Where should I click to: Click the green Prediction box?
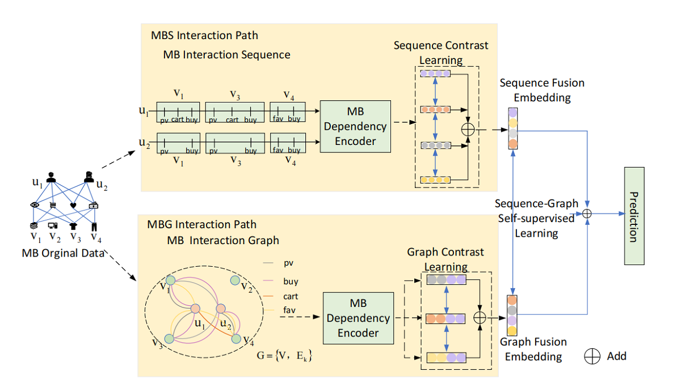point(634,216)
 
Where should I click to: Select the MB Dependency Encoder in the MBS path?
point(355,126)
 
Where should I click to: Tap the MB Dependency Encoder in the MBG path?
point(358,318)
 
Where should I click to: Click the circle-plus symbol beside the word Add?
point(593,356)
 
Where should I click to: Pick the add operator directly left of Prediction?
point(587,214)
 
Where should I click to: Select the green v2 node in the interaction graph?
point(234,281)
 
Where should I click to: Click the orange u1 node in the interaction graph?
point(196,309)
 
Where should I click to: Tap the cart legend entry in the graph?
point(281,296)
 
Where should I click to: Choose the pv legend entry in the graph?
point(281,263)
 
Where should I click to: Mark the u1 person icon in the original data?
point(51,177)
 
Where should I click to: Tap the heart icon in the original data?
point(73,205)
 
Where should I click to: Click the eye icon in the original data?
point(33,205)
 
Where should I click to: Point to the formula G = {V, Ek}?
point(284,357)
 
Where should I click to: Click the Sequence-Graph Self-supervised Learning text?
point(536,218)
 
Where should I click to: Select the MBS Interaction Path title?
point(204,36)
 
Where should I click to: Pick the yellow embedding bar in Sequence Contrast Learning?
point(435,180)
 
